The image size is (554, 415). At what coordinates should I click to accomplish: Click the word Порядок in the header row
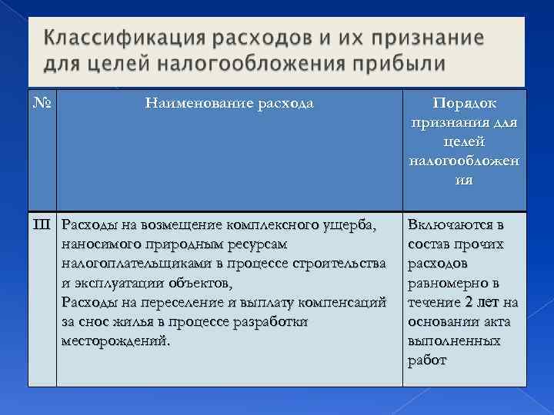pyautogui.click(x=464, y=102)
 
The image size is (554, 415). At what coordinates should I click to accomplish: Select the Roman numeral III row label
pyautogui.click(x=42, y=225)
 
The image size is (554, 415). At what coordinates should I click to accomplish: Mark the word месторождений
pyautogui.click(x=115, y=340)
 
